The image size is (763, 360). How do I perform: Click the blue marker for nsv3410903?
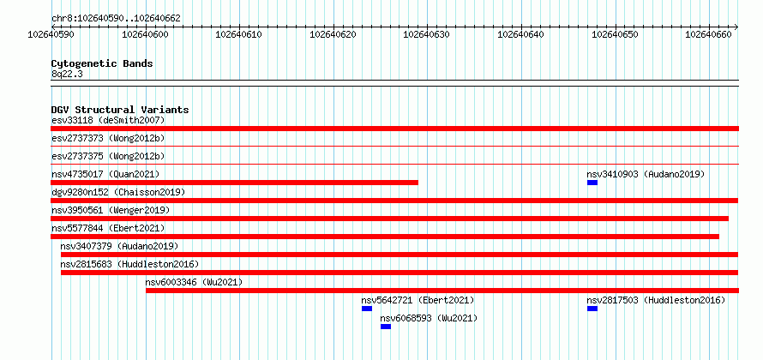point(592,183)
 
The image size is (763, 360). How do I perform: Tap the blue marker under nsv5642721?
point(367,309)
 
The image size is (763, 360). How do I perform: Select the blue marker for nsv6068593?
point(386,327)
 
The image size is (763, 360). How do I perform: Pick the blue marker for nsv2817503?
point(592,309)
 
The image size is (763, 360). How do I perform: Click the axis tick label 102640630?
point(427,34)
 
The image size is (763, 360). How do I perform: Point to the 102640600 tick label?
point(145,34)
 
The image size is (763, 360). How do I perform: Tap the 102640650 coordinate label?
point(615,34)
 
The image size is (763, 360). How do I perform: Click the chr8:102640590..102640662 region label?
point(116,19)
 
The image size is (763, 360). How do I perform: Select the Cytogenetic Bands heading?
point(102,63)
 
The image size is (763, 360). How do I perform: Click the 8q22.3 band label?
point(67,74)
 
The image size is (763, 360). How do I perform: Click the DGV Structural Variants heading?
point(120,110)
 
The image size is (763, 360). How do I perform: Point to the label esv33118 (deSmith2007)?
point(108,120)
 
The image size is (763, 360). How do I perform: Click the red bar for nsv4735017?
point(235,183)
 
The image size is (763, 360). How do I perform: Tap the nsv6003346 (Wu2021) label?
point(194,282)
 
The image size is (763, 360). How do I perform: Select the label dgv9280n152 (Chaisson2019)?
point(118,192)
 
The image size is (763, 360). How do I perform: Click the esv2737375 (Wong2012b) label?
point(108,156)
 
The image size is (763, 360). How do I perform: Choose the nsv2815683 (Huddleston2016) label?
point(129,264)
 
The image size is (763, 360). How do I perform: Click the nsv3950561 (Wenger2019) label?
point(111,210)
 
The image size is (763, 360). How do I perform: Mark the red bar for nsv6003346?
point(442,291)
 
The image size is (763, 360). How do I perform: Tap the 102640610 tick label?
point(238,34)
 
